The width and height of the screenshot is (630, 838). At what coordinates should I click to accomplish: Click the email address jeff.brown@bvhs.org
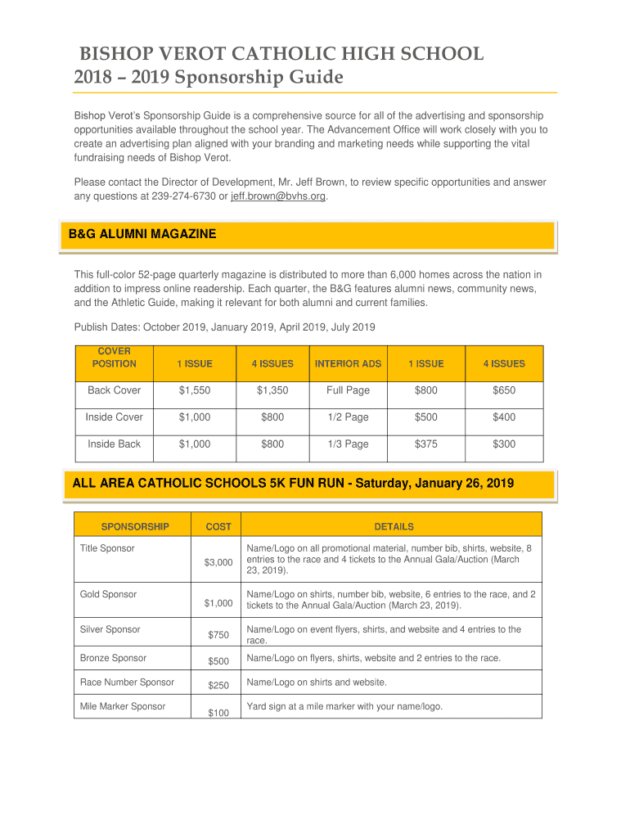click(278, 196)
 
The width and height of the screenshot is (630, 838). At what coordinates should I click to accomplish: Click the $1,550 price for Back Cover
click(195, 390)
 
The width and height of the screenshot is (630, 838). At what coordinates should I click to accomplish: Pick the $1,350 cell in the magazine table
click(272, 390)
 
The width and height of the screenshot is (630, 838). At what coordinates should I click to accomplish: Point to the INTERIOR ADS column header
click(348, 363)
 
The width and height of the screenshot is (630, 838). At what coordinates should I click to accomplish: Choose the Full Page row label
click(348, 390)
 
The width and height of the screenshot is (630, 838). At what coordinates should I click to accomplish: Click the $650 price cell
click(504, 390)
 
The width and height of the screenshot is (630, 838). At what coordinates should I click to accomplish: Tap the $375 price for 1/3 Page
click(425, 444)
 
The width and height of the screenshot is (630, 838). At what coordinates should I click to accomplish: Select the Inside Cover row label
click(115, 417)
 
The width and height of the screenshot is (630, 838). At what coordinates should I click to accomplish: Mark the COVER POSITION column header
click(115, 358)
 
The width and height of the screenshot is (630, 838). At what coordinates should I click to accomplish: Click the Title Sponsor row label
click(107, 548)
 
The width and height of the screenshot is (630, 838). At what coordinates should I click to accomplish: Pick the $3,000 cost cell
click(218, 562)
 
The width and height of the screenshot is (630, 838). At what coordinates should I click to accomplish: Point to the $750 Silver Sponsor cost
click(218, 635)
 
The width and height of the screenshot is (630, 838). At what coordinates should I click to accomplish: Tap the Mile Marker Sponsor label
click(123, 706)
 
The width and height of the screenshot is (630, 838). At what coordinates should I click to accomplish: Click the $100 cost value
click(218, 714)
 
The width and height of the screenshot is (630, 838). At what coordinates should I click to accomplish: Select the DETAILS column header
click(394, 527)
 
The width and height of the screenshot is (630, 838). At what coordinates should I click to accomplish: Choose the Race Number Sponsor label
click(127, 683)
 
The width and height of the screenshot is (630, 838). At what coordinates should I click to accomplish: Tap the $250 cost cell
click(218, 686)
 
